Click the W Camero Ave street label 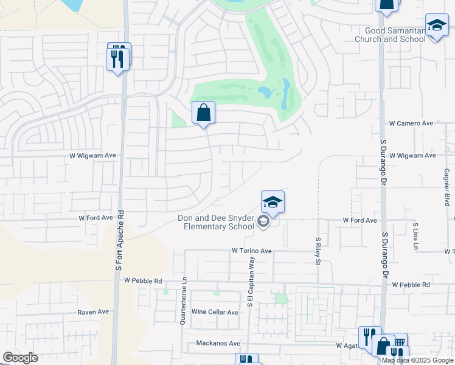[411, 123]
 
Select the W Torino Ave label [251, 251]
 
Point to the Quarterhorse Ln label [182, 302]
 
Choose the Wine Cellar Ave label [215, 312]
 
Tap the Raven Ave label [93, 312]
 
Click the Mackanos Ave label [218, 343]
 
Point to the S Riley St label [318, 251]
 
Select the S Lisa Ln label [416, 237]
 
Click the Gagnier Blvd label [446, 187]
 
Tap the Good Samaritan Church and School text [395, 35]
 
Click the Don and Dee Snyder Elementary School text [215, 223]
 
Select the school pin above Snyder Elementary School [273, 203]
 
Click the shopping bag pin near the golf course [204, 113]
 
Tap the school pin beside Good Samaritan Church [437, 26]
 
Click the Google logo [20, 358]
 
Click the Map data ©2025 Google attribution [417, 360]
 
